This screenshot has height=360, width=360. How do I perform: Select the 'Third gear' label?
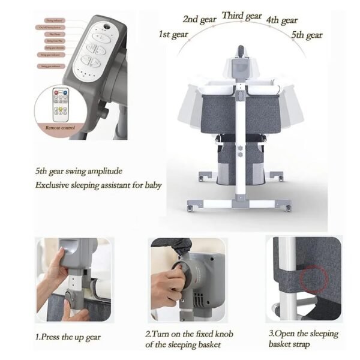click(242, 16)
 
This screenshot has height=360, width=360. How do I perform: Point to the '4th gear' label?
click(281, 20)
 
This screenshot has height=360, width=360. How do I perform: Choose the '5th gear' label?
click(307, 35)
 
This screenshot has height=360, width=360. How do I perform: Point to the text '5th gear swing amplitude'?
click(82, 170)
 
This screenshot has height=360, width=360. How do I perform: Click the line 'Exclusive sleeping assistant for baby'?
click(98, 185)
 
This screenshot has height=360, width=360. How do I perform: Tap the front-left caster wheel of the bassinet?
click(191, 208)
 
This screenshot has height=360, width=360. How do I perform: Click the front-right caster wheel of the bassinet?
click(288, 207)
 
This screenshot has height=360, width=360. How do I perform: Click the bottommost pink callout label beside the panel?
click(53, 66)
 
